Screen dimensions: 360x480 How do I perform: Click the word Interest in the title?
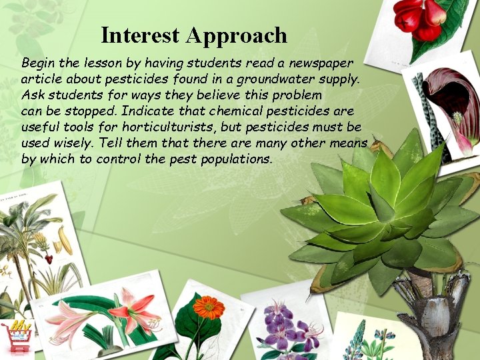click(x=140, y=35)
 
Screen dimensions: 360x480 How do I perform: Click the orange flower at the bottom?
click(x=208, y=307)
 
